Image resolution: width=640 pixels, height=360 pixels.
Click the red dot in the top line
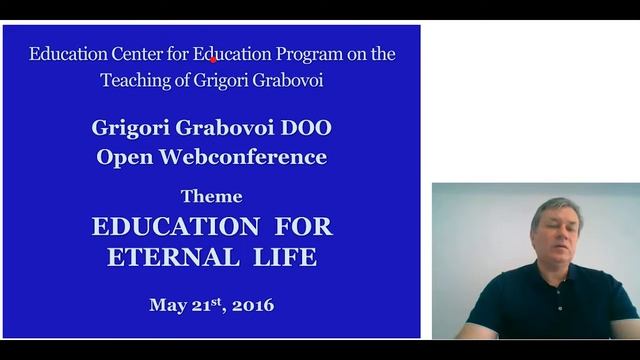pyautogui.click(x=213, y=59)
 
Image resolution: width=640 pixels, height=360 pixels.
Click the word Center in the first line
pyautogui.click(x=131, y=54)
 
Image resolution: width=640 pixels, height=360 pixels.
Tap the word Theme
pyautogui.click(x=212, y=196)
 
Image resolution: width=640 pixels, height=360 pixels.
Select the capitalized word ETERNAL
pyautogui.click(x=167, y=257)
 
